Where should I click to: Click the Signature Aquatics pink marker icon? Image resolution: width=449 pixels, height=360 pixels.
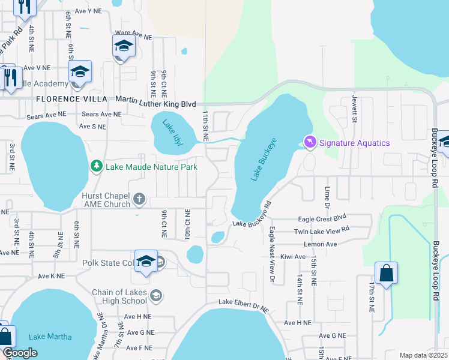(x=310, y=142)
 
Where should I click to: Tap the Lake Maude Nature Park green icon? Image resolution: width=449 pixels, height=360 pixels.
(x=96, y=166)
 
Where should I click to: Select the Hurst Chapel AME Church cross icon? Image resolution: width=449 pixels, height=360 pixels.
(x=139, y=198)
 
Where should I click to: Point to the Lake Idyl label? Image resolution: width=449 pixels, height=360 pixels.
(x=172, y=132)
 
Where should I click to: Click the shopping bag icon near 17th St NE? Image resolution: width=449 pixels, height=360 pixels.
(x=385, y=273)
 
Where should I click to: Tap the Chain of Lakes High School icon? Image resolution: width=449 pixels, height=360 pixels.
(x=156, y=295)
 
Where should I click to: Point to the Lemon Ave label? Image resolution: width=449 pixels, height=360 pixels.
(x=321, y=244)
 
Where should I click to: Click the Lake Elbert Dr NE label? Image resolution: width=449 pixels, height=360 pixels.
(x=244, y=304)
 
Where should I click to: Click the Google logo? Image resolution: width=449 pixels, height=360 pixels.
(x=20, y=352)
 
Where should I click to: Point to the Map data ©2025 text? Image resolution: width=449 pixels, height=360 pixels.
(x=423, y=355)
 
